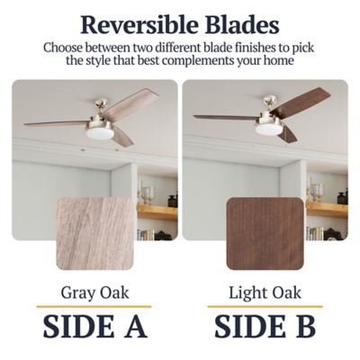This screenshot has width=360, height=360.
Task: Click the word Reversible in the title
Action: (x=139, y=24)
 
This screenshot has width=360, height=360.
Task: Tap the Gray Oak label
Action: (x=94, y=292)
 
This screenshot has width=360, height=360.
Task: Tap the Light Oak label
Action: (x=265, y=292)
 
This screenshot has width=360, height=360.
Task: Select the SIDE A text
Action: (x=95, y=326)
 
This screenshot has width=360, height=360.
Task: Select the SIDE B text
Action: (x=265, y=326)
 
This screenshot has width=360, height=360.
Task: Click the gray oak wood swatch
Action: (x=94, y=233)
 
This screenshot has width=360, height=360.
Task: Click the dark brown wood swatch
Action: (x=265, y=233)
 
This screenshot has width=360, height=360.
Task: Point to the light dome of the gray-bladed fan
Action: (x=99, y=133)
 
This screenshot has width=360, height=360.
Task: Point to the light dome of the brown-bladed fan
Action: (x=268, y=129)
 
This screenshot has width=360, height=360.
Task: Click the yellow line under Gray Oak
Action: (x=94, y=307)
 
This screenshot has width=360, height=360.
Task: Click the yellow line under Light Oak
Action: (x=265, y=307)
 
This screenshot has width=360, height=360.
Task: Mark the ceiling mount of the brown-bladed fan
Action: (x=269, y=100)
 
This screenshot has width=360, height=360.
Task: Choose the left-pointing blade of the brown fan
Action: (x=226, y=117)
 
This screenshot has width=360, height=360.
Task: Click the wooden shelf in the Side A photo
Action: (x=157, y=212)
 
